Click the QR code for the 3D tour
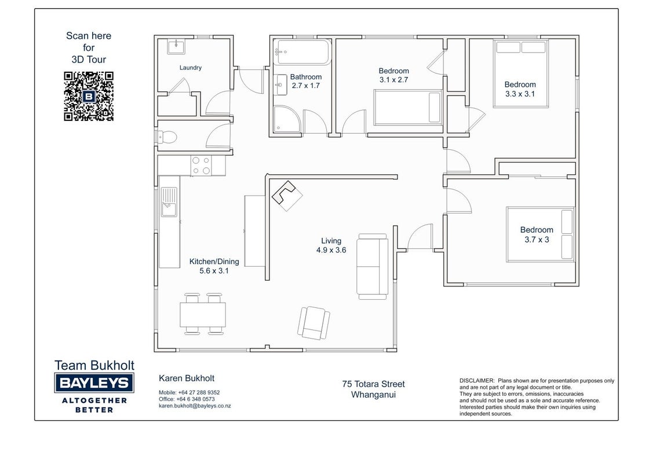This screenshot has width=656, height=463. tap(89, 96)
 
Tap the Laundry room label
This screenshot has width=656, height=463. tap(190, 68)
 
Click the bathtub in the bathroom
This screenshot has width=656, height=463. tap(303, 52)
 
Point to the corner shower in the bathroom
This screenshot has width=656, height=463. tap(287, 119)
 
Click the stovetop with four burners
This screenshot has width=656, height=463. tap(201, 165)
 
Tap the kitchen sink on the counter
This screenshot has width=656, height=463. tap(169, 202)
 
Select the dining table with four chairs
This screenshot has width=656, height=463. tap(203, 314)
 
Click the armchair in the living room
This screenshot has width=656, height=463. tap(314, 322)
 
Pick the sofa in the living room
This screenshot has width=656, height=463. tap(373, 266)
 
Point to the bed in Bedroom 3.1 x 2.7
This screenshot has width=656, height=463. tap(408, 108)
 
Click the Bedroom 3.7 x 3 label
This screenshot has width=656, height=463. tap(537, 234)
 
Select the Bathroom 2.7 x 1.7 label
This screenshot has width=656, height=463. tap(306, 81)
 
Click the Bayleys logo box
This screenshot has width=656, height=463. tap(94, 383)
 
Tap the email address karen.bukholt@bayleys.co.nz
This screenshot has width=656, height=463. tap(195, 406)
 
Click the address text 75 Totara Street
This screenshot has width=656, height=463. tap(374, 384)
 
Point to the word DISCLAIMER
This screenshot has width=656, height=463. tap(478, 381)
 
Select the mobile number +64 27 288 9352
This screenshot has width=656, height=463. tap(199, 392)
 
